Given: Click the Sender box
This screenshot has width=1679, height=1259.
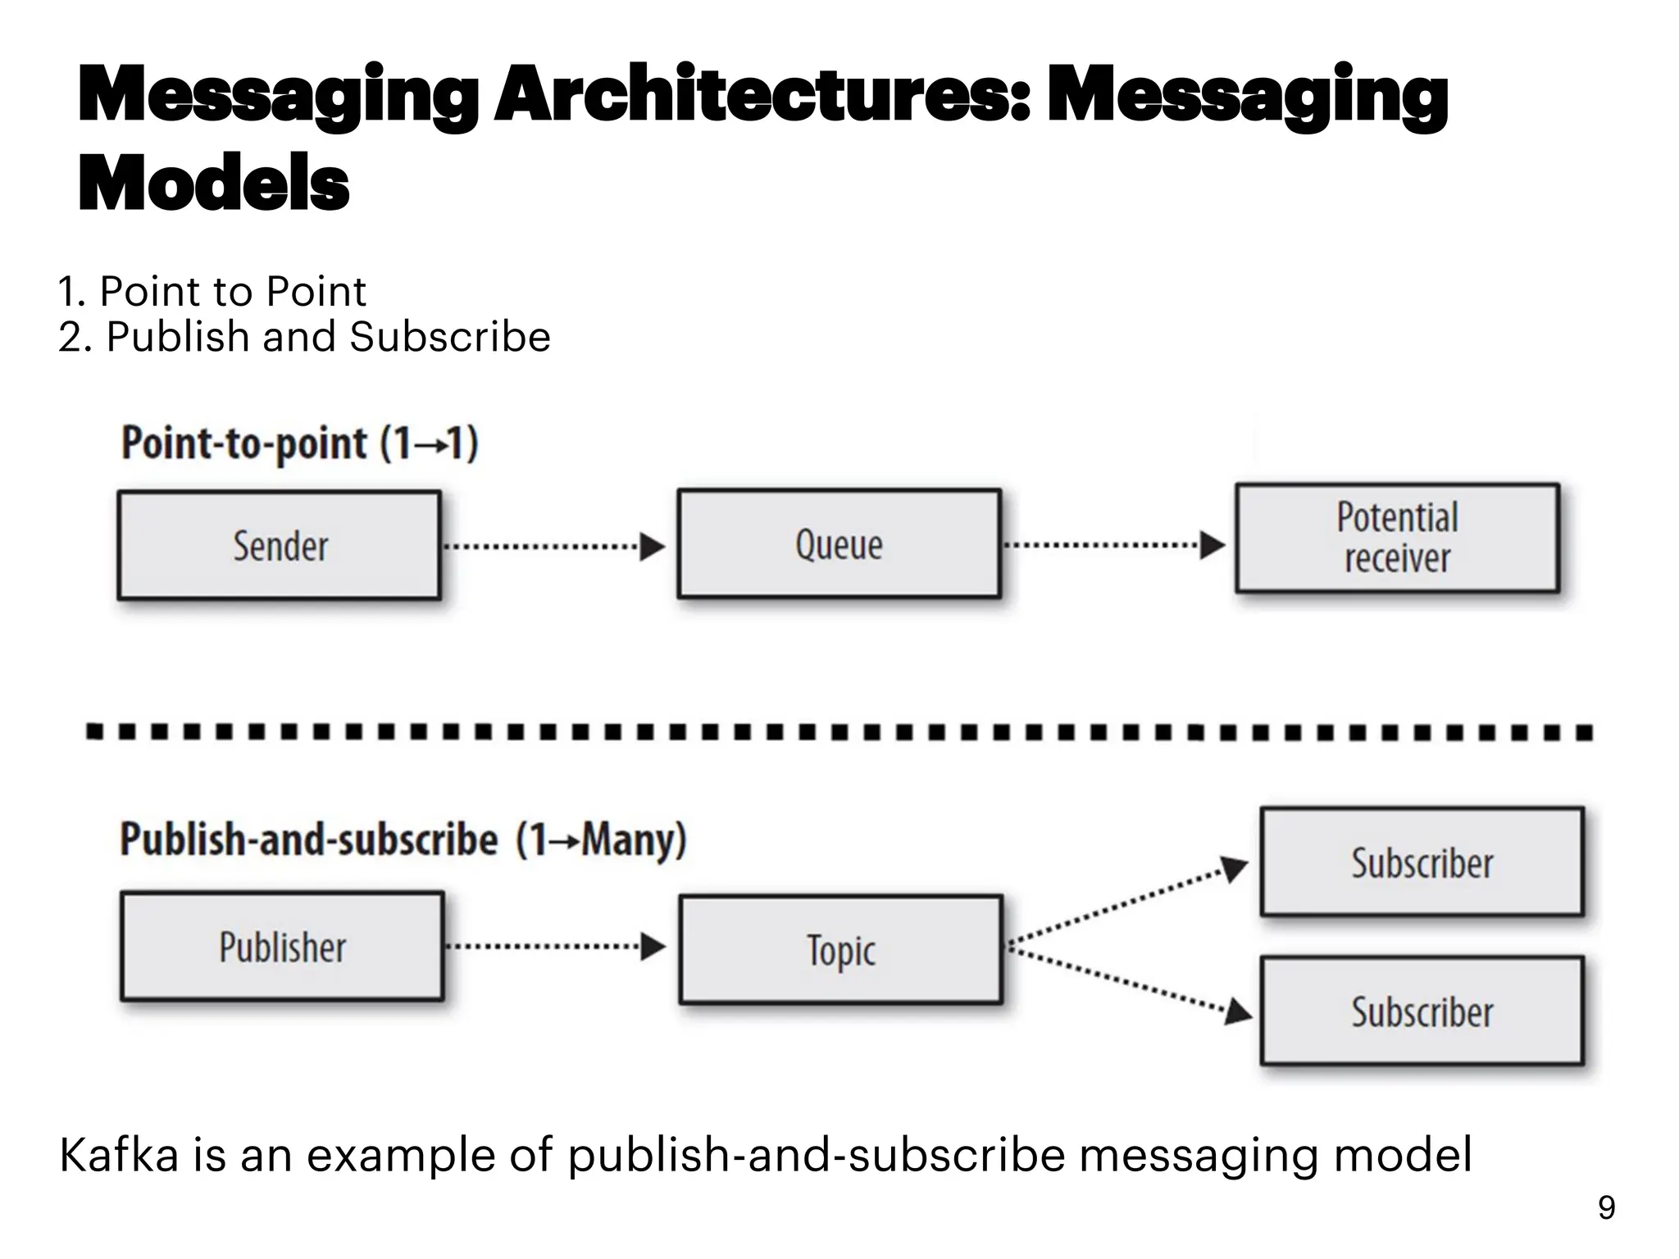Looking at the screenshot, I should pos(279,545).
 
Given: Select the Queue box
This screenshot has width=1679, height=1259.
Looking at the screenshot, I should pos(839,543).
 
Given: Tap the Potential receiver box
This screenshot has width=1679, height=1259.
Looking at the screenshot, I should pos(1397,538).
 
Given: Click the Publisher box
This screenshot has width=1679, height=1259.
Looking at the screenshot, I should pos(282,947).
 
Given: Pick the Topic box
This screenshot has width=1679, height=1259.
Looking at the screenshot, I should pos(840,950).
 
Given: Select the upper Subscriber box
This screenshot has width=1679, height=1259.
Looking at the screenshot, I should pos(1422,862).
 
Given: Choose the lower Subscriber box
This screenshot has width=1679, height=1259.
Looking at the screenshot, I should pos(1422,1011).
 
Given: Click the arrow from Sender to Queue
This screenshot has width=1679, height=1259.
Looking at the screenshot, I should pos(553,546).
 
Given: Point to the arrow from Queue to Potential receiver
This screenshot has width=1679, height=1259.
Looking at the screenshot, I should pos(1113,545).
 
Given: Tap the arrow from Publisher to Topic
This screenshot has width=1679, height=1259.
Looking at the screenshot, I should pos(555,947).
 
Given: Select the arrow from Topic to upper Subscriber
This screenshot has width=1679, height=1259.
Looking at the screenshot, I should pos(1127,905).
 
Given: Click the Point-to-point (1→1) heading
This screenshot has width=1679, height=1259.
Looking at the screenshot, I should pos(300,443).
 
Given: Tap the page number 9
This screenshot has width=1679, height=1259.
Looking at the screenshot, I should pos(1606,1208).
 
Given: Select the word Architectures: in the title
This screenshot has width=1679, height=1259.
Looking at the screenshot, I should pos(762,97).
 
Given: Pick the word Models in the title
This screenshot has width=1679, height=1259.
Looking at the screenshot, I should pos(214,183).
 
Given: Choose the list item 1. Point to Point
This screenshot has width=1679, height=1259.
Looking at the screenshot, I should pos(212,292).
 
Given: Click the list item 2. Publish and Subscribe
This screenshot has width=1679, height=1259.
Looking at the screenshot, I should pos(304,337).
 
